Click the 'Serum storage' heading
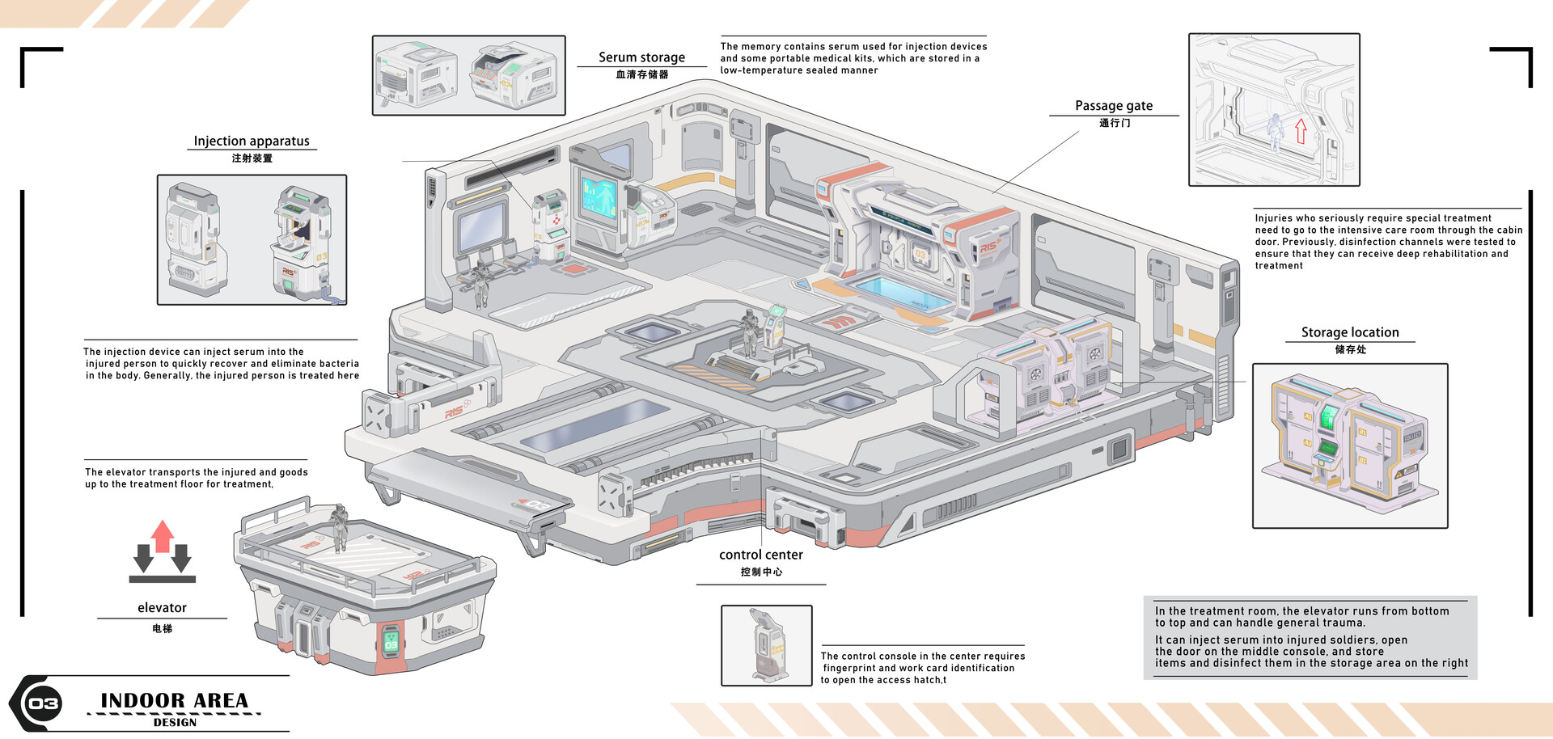[x=641, y=57]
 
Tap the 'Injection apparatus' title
[x=252, y=141]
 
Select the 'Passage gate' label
[x=1114, y=106]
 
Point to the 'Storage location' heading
[x=1349, y=332]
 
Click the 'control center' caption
[x=760, y=555]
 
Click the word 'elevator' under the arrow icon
[x=162, y=608]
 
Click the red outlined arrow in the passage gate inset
[x=1301, y=131]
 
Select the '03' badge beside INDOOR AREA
[x=44, y=703]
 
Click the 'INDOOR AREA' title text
[x=174, y=700]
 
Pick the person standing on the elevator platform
[x=340, y=527]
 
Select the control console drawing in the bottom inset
[x=765, y=645]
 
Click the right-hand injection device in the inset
[x=300, y=241]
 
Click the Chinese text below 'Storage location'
[x=1350, y=349]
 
